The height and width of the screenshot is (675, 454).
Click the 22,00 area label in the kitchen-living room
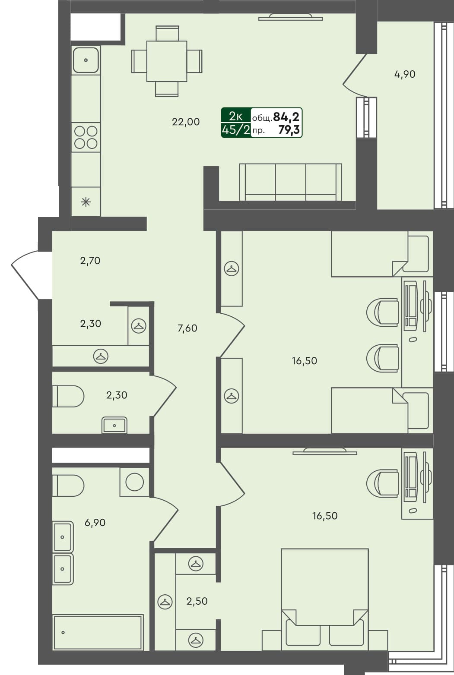[186, 122]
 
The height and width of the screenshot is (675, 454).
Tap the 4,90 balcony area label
[405, 74]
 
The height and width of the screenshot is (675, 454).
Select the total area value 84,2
[286, 117]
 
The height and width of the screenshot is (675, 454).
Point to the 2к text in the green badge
[235, 116]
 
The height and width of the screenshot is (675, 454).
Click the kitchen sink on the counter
[86, 60]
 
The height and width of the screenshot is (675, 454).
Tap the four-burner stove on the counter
[86, 137]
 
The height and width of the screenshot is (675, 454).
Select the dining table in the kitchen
[167, 61]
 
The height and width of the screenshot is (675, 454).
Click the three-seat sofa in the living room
[290, 182]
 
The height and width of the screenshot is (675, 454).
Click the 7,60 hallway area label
[187, 328]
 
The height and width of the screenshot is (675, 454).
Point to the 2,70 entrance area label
[90, 261]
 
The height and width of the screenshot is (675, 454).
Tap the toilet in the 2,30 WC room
[68, 396]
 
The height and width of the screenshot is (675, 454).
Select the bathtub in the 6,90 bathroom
[98, 632]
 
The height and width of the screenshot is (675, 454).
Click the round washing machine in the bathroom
[134, 482]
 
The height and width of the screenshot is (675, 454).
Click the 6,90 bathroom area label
[95, 523]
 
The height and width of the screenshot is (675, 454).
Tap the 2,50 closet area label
[197, 601]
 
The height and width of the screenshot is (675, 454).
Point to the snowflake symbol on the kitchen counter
[86, 201]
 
